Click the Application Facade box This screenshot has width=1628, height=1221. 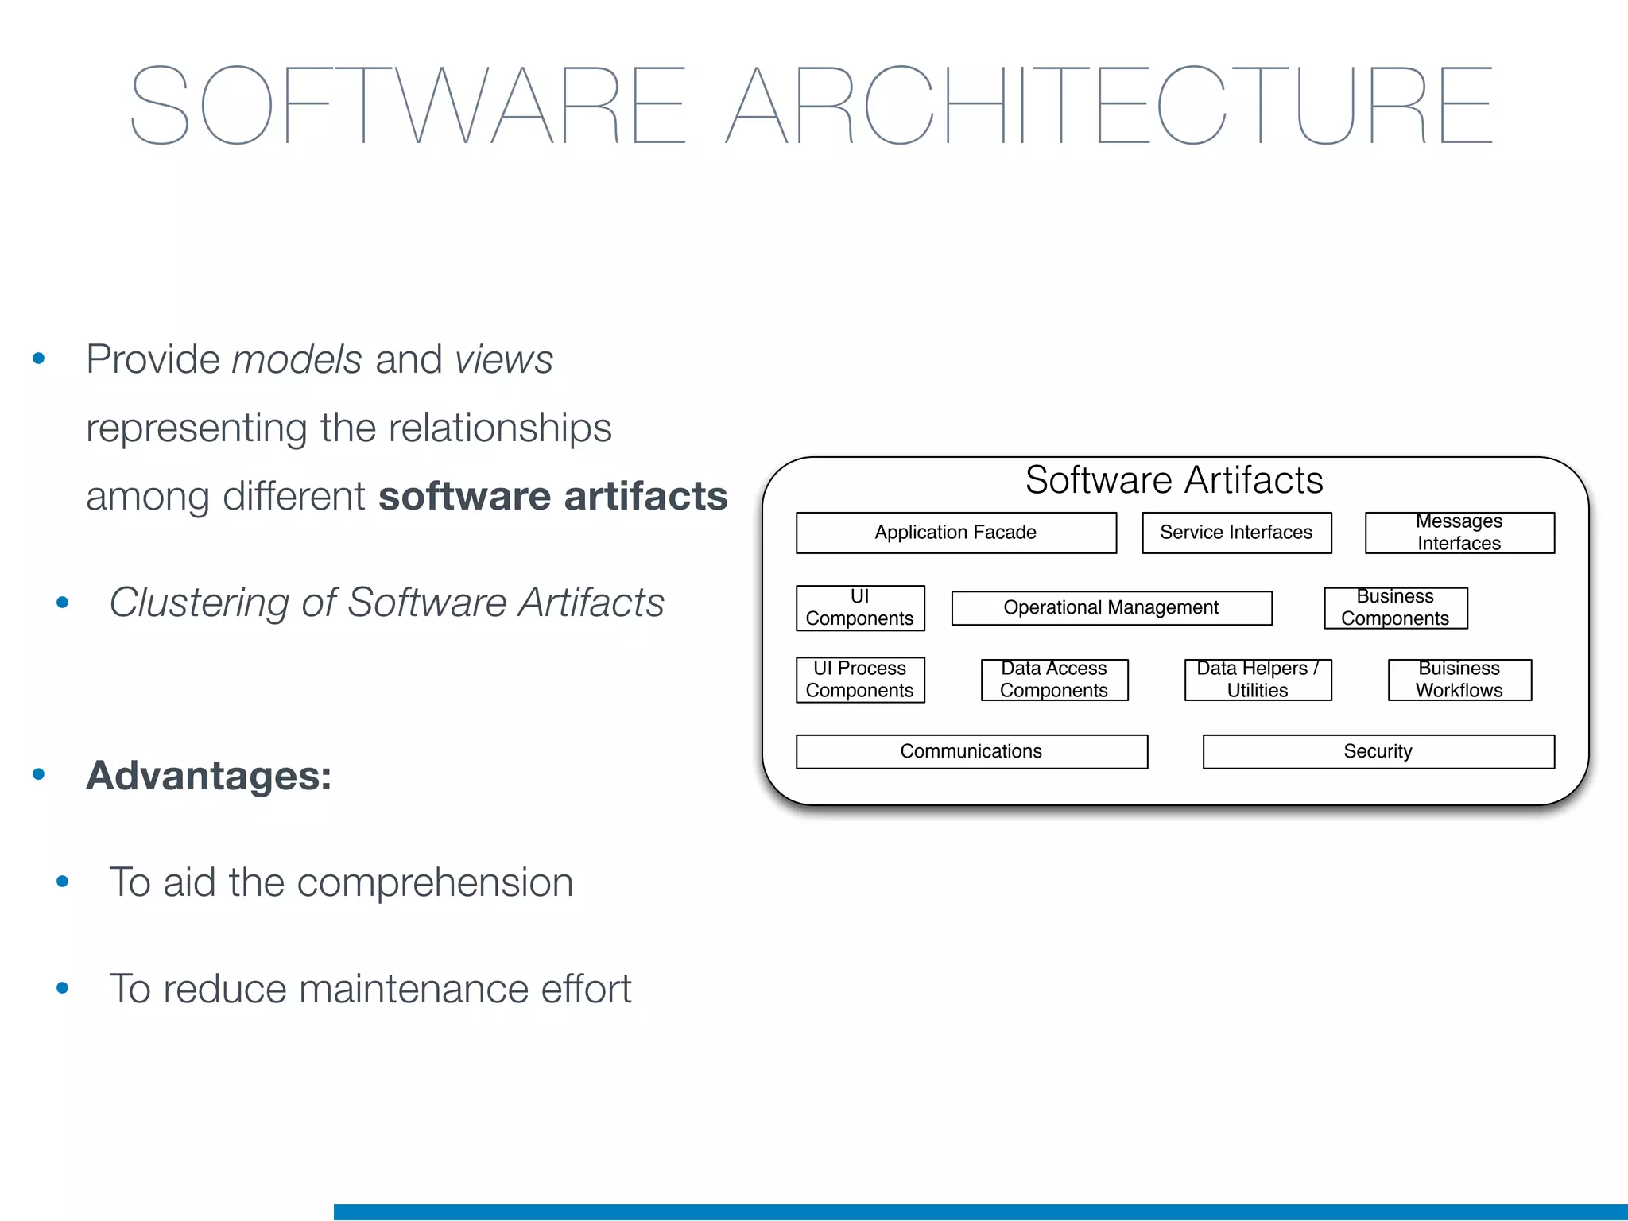(955, 533)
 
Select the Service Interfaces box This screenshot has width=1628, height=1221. (1236, 533)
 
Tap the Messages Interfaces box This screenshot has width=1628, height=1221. (1459, 533)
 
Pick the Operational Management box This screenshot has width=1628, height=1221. (1111, 608)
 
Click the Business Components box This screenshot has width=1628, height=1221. (1395, 608)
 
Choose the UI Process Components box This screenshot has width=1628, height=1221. (860, 680)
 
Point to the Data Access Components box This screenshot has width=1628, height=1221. (1054, 680)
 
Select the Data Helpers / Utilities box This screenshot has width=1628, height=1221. (1258, 680)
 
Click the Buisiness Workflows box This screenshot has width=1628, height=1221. (1459, 680)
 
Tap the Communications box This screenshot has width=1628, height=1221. (971, 752)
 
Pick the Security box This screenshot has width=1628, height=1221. (1378, 752)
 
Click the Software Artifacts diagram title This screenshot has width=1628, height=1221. (1174, 481)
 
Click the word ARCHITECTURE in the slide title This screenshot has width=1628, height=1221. (1110, 106)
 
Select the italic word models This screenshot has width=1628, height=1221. (297, 359)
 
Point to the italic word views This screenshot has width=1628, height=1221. (504, 359)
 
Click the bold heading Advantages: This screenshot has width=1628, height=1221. (209, 776)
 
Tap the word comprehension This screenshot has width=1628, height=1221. (435, 882)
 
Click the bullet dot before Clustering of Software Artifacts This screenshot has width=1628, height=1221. (63, 603)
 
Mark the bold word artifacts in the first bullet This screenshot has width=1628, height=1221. (645, 496)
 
